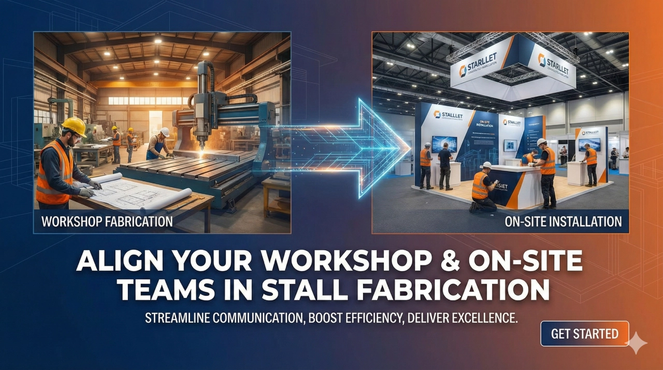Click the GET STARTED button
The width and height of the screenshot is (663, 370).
coord(584,334)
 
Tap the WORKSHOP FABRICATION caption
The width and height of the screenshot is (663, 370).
coord(107,222)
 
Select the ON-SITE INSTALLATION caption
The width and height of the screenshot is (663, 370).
coord(563,222)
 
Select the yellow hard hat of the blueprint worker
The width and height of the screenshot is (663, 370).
coord(74,126)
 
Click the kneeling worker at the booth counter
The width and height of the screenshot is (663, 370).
coord(482,187)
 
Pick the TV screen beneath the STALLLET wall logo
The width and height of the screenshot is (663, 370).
coord(444,144)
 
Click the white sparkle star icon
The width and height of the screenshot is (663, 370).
coord(636,343)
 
